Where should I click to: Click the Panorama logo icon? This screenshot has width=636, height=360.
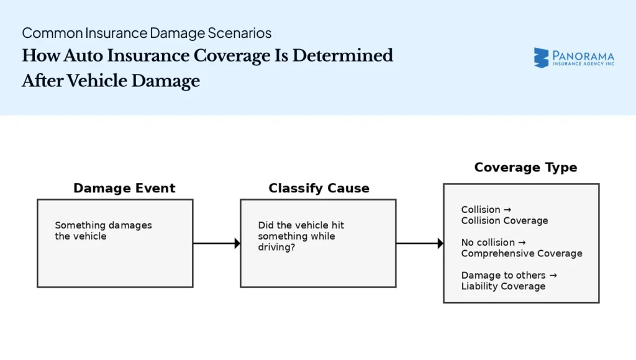(x=541, y=58)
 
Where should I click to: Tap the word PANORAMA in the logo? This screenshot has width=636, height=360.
(x=583, y=55)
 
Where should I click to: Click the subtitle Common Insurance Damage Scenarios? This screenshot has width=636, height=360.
(x=147, y=33)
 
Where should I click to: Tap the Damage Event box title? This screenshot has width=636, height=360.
(x=124, y=188)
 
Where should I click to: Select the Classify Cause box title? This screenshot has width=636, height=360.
(x=319, y=188)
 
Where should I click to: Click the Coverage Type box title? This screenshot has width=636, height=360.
(x=525, y=168)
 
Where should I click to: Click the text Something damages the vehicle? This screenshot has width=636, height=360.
(x=103, y=230)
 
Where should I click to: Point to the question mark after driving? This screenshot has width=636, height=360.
(x=293, y=247)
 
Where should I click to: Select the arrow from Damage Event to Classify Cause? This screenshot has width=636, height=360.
(x=216, y=243)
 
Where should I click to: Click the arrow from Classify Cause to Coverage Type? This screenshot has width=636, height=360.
(x=419, y=243)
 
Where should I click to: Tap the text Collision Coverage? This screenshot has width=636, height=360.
(x=504, y=220)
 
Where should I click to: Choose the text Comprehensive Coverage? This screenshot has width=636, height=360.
(x=521, y=253)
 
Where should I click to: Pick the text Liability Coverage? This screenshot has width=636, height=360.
(x=503, y=286)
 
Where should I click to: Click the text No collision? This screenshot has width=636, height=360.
(x=488, y=242)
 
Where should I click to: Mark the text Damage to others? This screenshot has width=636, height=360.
(x=503, y=275)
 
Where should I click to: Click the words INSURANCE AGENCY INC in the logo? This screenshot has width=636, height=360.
(x=583, y=64)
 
